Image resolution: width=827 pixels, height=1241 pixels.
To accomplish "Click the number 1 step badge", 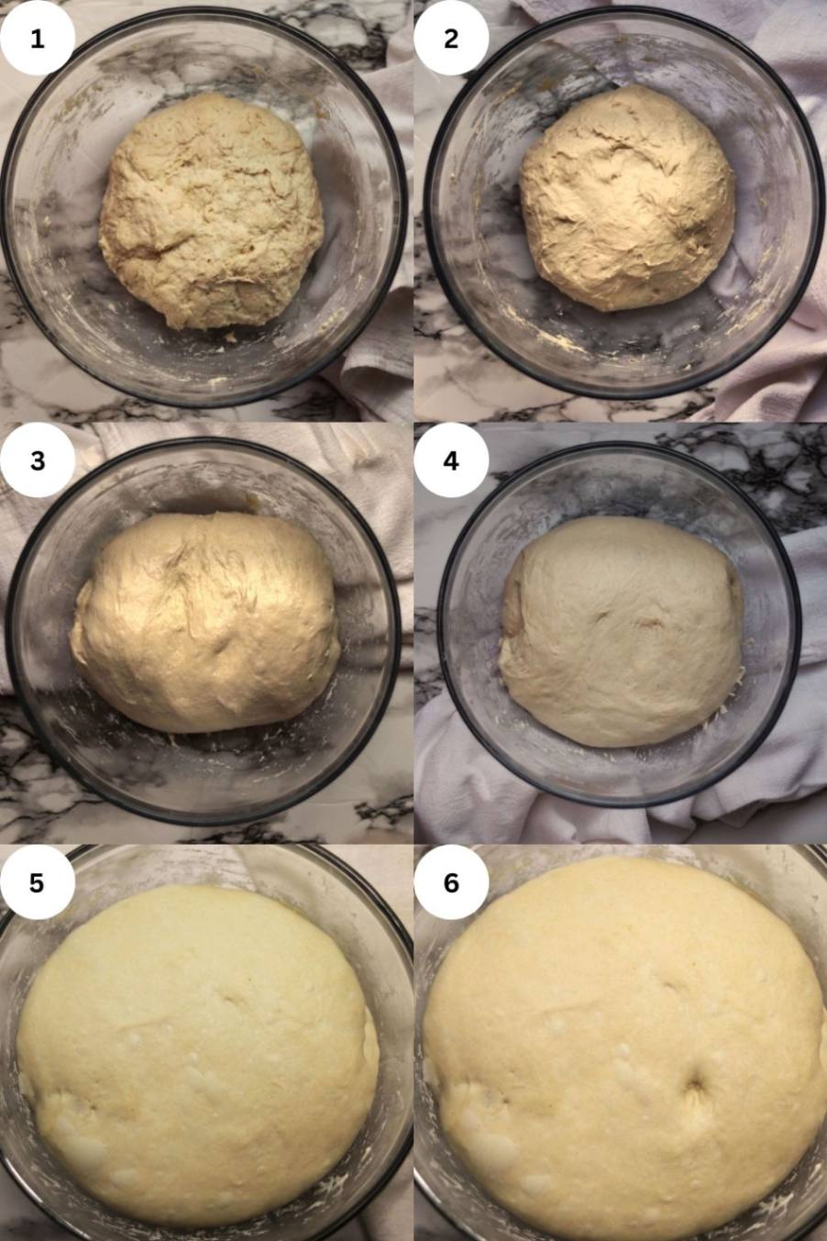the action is point(37,39).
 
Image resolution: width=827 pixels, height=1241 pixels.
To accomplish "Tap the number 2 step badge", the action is point(451,39).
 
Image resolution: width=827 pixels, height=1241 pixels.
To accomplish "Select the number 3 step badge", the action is point(37,460).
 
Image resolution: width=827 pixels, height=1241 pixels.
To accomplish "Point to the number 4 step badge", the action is point(451,460).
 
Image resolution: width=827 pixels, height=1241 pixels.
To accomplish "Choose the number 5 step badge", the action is point(37,882).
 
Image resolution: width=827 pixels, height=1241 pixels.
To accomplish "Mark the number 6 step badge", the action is point(451,882).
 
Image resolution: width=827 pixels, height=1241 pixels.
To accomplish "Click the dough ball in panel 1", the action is point(211,212).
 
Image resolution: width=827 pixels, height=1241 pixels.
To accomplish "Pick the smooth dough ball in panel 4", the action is point(621,632).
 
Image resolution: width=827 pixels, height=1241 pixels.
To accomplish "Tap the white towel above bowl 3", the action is point(222,443).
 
